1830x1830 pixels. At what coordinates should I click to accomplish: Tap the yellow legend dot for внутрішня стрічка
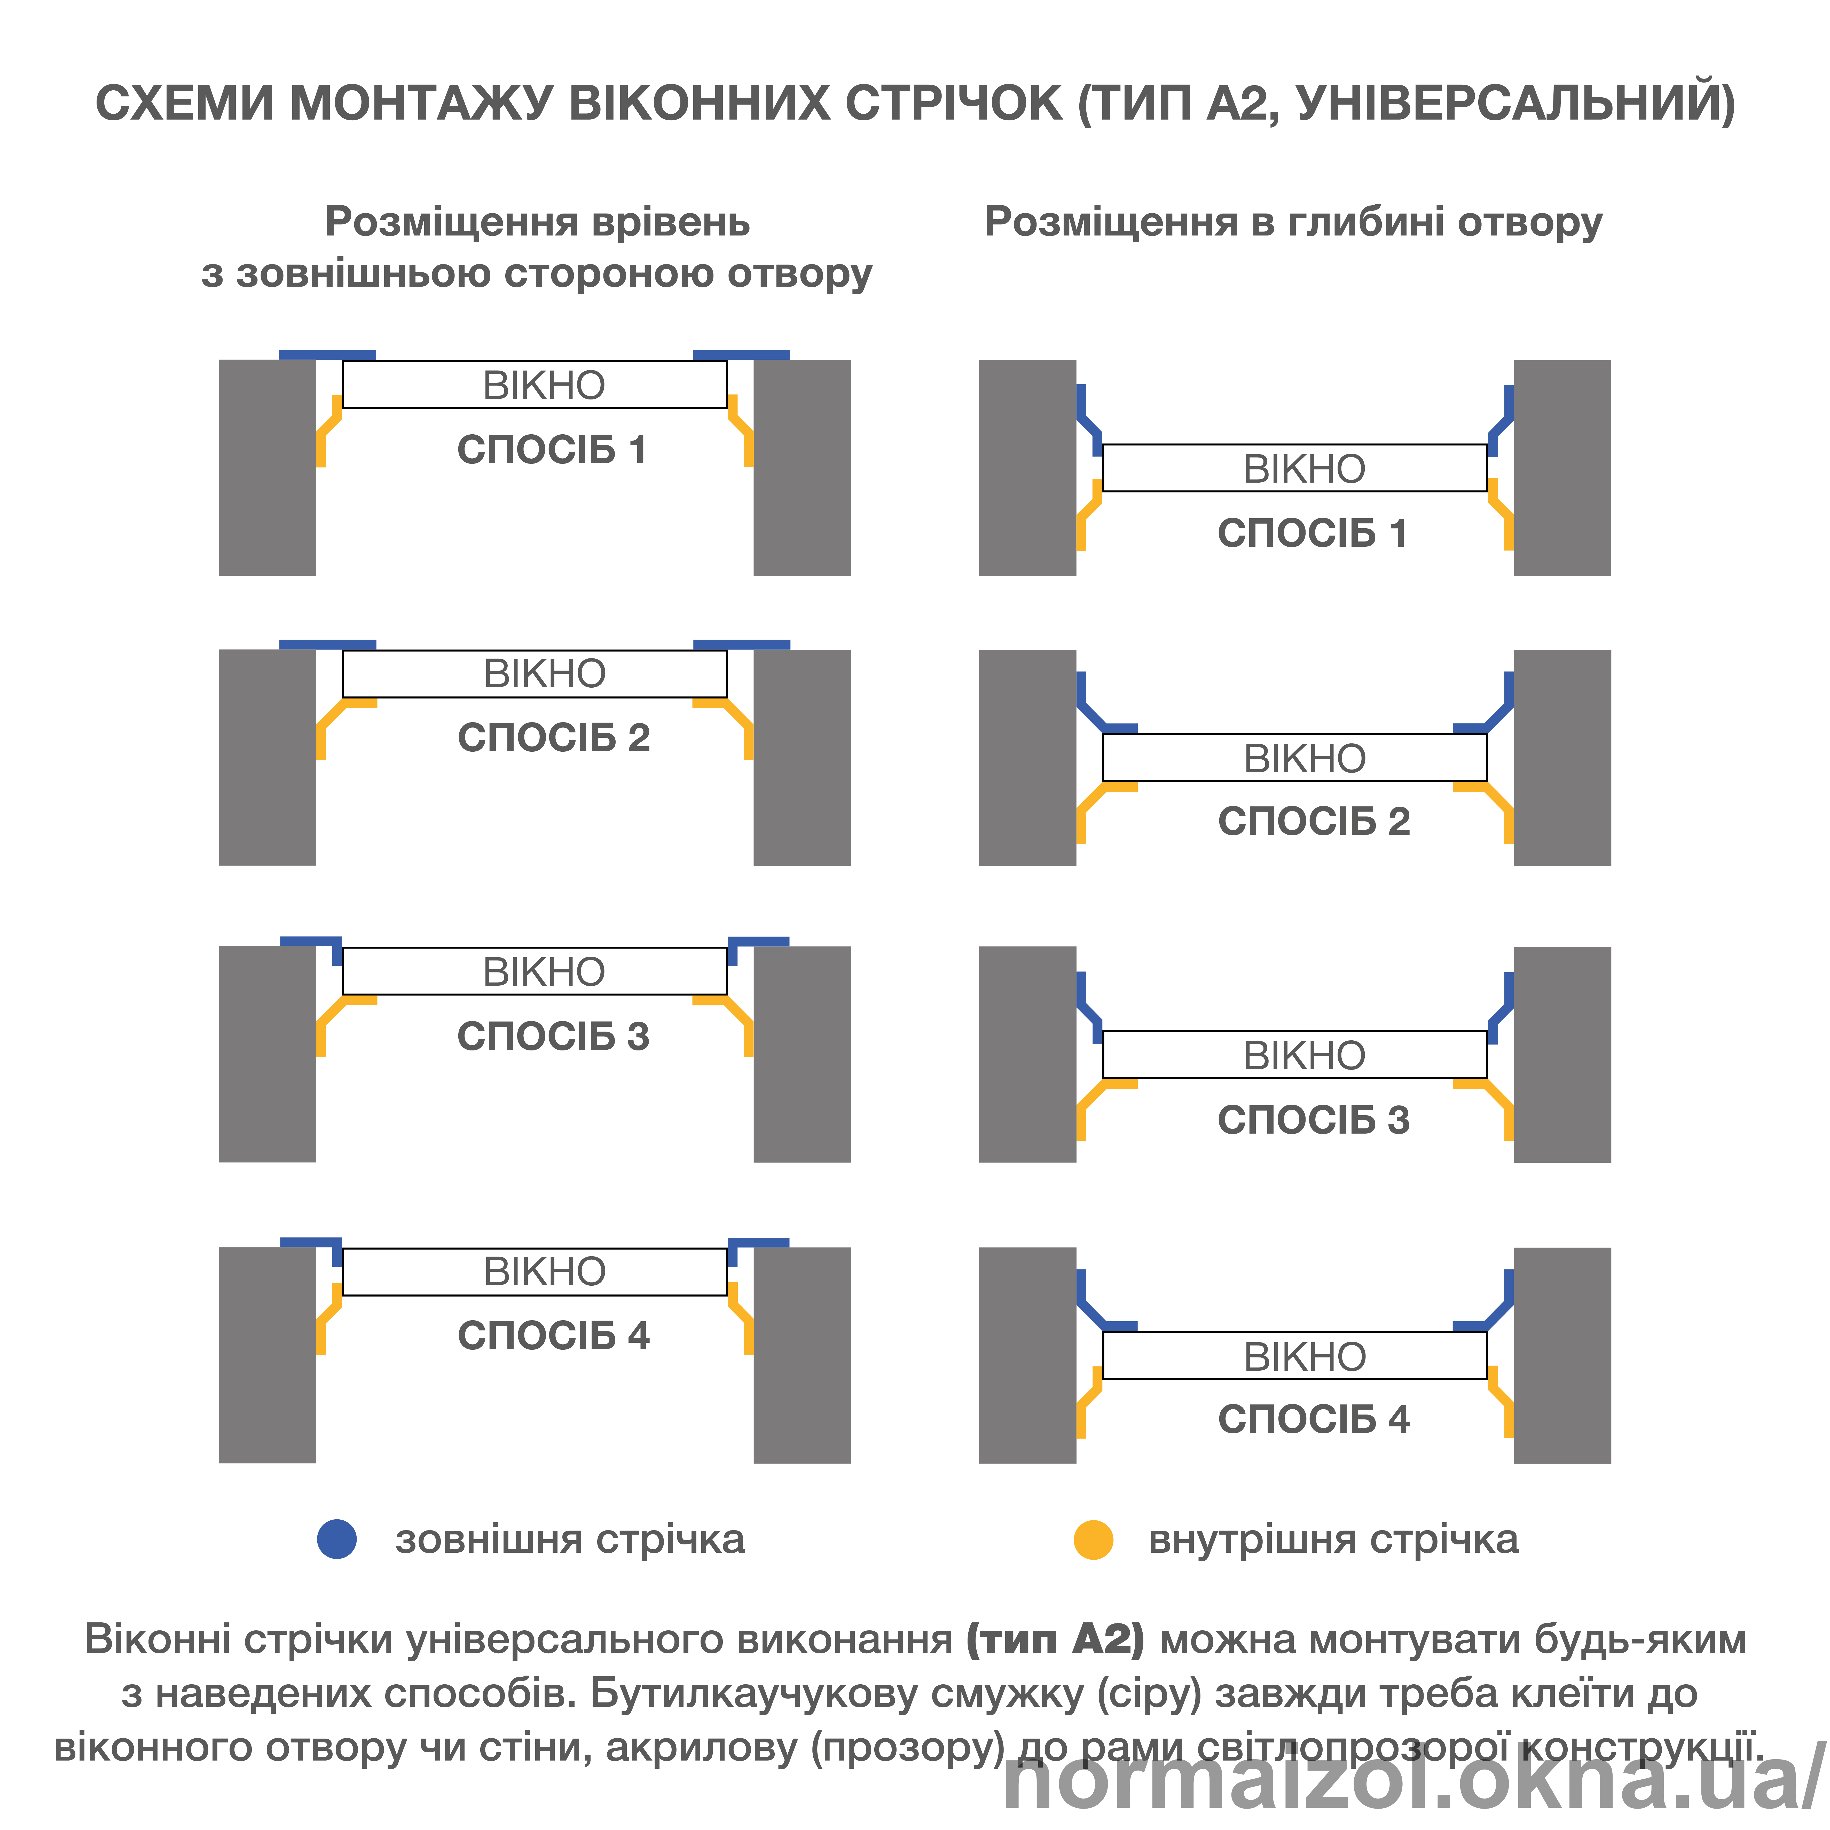click(x=1093, y=1539)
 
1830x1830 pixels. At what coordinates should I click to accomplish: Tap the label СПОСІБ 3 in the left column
click(x=553, y=1036)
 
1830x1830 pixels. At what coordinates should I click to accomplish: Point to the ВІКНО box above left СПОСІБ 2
click(x=534, y=673)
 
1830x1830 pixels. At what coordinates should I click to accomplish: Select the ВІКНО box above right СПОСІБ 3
click(x=1295, y=1054)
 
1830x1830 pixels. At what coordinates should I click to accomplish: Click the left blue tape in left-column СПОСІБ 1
click(x=327, y=355)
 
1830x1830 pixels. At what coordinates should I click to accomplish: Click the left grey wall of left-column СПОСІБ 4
click(x=267, y=1355)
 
